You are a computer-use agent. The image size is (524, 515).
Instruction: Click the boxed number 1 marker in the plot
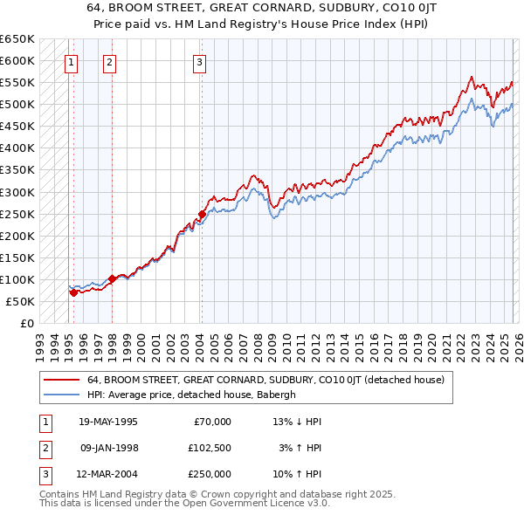pyautogui.click(x=71, y=62)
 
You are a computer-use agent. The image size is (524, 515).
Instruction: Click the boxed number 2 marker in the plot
pyautogui.click(x=109, y=62)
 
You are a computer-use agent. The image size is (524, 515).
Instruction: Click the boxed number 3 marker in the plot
pyautogui.click(x=199, y=62)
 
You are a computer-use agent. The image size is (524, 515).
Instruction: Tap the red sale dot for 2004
pyautogui.click(x=202, y=213)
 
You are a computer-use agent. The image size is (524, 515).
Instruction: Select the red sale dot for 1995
pyautogui.click(x=73, y=292)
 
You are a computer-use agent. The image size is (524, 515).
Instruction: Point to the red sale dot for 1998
pyautogui.click(x=112, y=278)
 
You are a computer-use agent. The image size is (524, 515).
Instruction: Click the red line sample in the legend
pyautogui.click(x=62, y=380)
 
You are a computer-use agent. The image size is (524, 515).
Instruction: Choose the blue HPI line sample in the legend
pyautogui.click(x=62, y=395)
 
